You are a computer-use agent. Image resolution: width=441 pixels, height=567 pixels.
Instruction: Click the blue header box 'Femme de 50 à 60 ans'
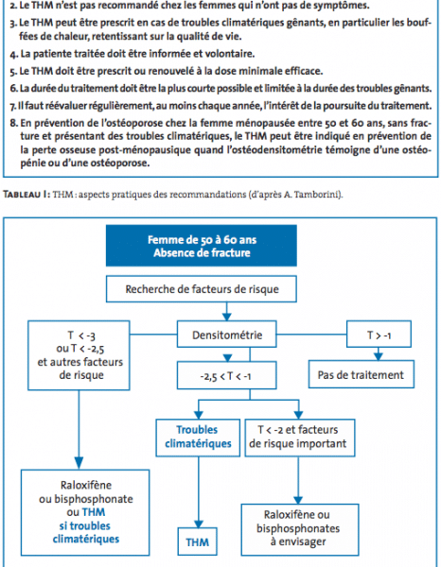202,246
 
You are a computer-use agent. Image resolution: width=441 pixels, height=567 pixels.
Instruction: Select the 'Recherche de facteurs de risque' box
202,289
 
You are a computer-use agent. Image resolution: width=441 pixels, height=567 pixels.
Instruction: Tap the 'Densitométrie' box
227,335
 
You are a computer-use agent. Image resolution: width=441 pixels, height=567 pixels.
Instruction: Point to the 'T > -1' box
379,335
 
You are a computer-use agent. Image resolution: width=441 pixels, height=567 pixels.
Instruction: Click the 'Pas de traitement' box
361,374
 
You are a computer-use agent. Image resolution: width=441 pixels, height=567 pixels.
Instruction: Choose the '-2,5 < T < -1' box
227,376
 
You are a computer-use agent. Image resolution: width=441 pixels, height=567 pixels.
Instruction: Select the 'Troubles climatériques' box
198,438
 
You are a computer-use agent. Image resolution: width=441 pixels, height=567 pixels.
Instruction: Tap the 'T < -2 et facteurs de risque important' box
300,438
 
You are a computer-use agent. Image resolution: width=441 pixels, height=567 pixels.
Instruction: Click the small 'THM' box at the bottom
198,541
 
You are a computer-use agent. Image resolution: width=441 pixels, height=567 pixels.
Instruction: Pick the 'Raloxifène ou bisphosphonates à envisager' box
300,529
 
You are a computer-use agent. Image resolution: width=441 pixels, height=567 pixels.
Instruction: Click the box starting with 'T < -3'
79,355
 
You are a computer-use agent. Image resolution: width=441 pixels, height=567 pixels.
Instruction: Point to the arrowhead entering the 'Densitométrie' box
227,317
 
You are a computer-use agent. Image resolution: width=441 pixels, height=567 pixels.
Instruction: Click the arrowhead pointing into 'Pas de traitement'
379,356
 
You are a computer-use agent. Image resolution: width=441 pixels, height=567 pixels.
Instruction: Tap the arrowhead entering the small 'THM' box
198,524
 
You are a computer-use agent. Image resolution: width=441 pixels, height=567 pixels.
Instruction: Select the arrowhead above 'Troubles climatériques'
198,415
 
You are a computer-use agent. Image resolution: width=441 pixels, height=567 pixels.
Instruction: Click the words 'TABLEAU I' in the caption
25,195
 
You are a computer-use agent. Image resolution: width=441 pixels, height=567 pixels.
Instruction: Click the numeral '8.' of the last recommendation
14,123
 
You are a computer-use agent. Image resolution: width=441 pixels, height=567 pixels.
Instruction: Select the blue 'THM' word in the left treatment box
94,512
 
